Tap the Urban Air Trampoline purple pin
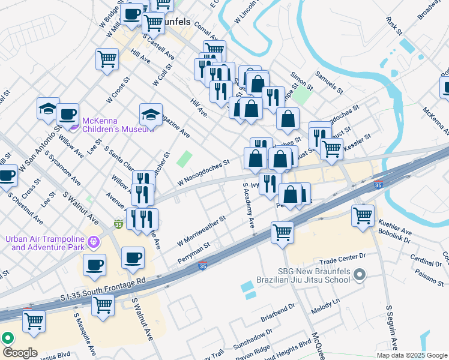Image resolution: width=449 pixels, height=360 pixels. [94, 242]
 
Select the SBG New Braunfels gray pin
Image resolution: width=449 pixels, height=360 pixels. [360, 275]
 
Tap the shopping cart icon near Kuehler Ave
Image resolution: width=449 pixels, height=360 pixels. [363, 215]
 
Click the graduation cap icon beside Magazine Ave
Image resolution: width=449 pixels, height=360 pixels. [151, 114]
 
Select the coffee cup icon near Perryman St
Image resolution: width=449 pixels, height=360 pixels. [133, 258]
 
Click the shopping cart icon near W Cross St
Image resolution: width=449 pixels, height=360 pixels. [107, 59]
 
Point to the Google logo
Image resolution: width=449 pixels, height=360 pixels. [20, 353]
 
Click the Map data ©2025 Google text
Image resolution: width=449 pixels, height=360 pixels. [411, 355]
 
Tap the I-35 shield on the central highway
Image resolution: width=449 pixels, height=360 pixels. [203, 266]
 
